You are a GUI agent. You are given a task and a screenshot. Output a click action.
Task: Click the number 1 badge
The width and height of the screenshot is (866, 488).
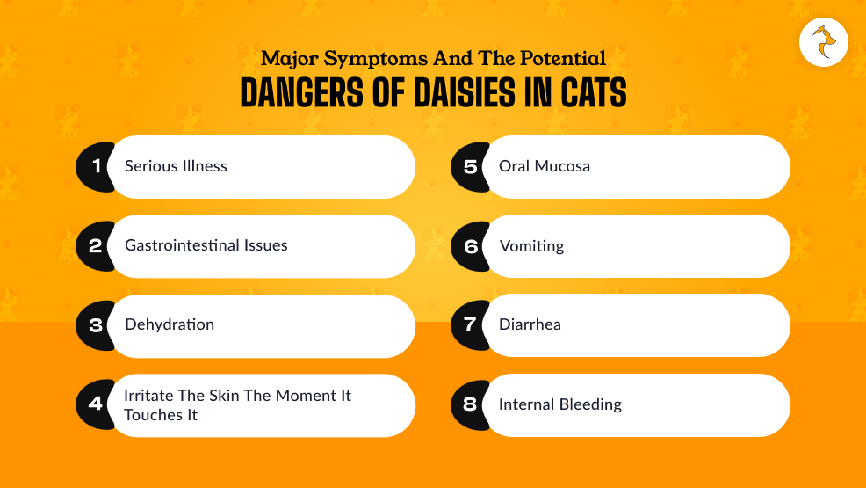click(x=96, y=166)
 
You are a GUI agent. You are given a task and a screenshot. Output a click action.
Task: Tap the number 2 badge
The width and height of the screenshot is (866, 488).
click(x=95, y=246)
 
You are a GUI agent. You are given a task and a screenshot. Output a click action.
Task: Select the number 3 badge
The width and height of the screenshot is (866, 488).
click(x=96, y=325)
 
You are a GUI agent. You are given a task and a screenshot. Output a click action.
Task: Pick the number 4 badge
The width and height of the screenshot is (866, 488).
click(x=95, y=404)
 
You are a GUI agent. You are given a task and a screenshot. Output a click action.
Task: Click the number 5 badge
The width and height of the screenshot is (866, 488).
click(x=470, y=166)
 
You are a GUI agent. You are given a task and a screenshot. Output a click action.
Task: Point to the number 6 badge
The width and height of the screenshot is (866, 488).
click(x=470, y=246)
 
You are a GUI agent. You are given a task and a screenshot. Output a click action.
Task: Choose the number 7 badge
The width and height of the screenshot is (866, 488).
click(x=470, y=325)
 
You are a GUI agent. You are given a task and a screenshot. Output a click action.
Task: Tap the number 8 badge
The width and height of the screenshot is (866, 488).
click(x=470, y=404)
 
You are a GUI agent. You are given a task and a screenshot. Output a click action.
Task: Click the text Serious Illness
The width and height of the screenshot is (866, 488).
click(x=176, y=166)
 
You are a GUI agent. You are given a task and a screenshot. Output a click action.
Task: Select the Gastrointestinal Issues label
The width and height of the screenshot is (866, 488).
click(x=206, y=245)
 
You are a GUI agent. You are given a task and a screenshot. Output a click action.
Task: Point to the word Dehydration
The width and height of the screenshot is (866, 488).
click(x=170, y=324)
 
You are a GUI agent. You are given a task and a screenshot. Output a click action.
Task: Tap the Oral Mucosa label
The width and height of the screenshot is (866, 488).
click(x=545, y=166)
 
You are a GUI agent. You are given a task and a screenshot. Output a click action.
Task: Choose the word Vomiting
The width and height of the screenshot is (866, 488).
click(x=531, y=246)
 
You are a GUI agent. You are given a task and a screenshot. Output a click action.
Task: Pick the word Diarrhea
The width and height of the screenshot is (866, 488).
click(x=530, y=324)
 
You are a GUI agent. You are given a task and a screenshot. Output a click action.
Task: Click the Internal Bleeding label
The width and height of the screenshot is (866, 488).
click(x=560, y=404)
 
